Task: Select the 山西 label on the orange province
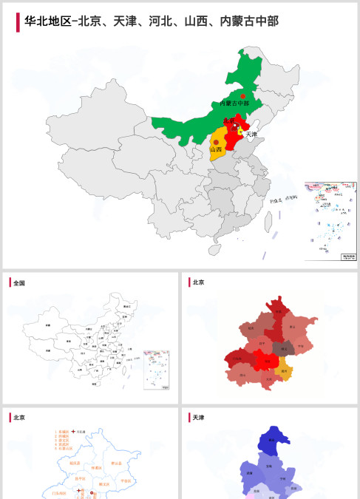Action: (x=215, y=149)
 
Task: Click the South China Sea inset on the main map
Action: (x=330, y=221)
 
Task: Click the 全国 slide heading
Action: (x=19, y=282)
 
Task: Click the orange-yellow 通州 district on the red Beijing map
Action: (x=284, y=372)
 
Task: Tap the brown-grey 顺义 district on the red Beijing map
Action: (x=282, y=347)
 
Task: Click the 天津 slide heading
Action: (x=198, y=418)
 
